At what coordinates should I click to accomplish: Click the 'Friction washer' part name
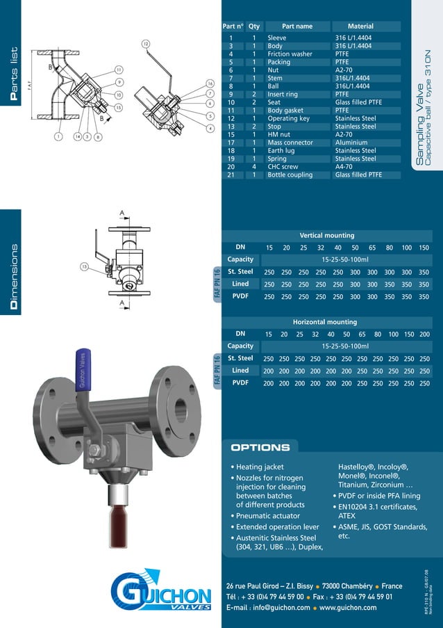290,54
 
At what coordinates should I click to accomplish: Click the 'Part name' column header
297,26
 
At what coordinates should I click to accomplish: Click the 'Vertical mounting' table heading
326,235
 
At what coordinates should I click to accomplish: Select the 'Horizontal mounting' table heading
325,322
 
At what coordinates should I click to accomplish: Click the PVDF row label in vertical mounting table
240,296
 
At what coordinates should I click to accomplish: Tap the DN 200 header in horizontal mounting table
425,334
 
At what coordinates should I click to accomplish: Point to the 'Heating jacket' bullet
260,467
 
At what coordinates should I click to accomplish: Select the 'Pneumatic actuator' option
268,516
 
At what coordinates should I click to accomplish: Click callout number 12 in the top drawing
146,44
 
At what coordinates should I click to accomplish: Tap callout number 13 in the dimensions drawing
84,266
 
